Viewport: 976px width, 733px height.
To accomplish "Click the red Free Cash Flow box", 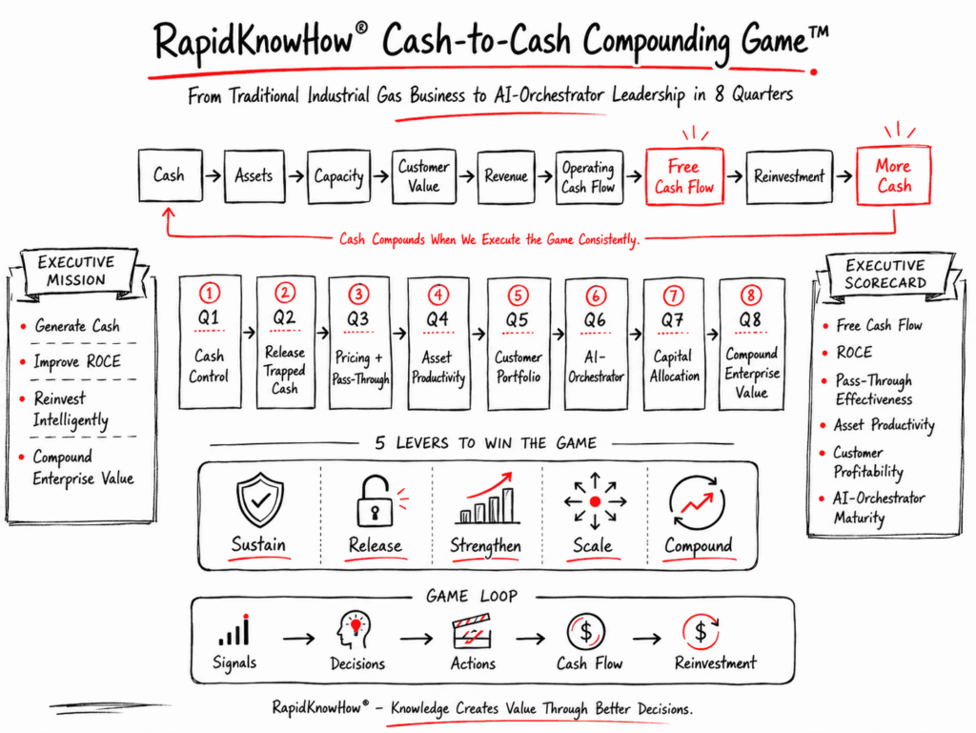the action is pyautogui.click(x=684, y=176).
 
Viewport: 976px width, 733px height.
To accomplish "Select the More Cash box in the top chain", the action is pyautogui.click(x=893, y=176).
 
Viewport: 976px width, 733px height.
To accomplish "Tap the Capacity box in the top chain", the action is pyautogui.click(x=339, y=176).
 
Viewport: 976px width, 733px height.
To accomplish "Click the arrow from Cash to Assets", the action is pyautogui.click(x=213, y=176).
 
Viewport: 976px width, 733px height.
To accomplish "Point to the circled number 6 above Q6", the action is pyautogui.click(x=596, y=295).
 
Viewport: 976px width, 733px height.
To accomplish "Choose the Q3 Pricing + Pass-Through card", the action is pyautogui.click(x=359, y=343).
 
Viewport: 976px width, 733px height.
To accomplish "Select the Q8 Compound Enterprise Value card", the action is pyautogui.click(x=751, y=344).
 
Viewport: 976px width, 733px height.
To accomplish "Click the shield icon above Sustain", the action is pyautogui.click(x=260, y=499).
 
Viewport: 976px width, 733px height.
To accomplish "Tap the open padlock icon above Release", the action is pyautogui.click(x=375, y=501).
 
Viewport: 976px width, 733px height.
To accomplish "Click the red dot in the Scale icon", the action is pyautogui.click(x=595, y=501).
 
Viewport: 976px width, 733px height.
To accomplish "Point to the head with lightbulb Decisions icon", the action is pyautogui.click(x=354, y=630).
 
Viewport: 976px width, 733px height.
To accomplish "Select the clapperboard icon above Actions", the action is pyautogui.click(x=472, y=631).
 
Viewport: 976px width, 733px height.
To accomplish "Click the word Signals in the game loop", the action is pyautogui.click(x=234, y=662).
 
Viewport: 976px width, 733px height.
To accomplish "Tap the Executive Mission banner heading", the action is pyautogui.click(x=76, y=271).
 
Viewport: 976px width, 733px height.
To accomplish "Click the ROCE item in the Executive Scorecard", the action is pyautogui.click(x=854, y=352).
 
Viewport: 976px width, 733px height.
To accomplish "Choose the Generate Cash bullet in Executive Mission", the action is pyautogui.click(x=76, y=325).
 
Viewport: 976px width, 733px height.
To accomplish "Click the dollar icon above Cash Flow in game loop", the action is pyautogui.click(x=586, y=632).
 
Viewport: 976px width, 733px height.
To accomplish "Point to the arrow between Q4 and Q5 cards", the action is pyautogui.click(x=478, y=335).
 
